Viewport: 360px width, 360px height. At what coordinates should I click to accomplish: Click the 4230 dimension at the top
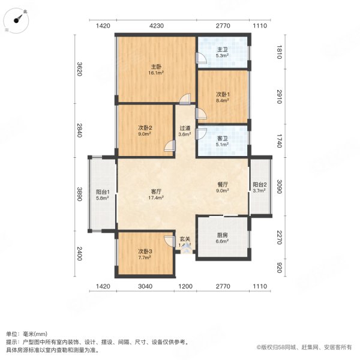pos(157,26)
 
